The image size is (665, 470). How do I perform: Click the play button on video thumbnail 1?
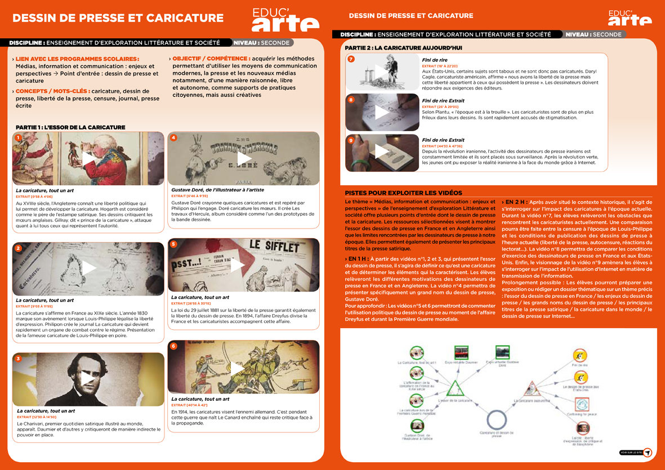click(89, 159)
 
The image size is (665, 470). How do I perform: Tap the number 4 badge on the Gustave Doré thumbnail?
click(173, 138)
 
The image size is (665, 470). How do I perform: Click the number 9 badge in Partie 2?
click(351, 140)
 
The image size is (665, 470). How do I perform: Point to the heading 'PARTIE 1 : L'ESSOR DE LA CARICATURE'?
click(70, 127)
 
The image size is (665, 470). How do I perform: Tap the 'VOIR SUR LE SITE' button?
click(636, 452)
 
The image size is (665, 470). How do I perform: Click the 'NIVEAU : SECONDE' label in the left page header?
click(262, 43)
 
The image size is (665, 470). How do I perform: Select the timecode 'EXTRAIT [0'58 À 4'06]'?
click(34, 196)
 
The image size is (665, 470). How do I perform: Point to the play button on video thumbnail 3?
click(89, 378)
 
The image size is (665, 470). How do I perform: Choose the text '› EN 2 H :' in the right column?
click(515, 202)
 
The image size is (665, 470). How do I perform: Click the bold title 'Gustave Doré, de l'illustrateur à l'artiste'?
click(217, 190)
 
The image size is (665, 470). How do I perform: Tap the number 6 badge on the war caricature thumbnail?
click(173, 346)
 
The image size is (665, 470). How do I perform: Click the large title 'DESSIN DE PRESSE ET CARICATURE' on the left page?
click(118, 18)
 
